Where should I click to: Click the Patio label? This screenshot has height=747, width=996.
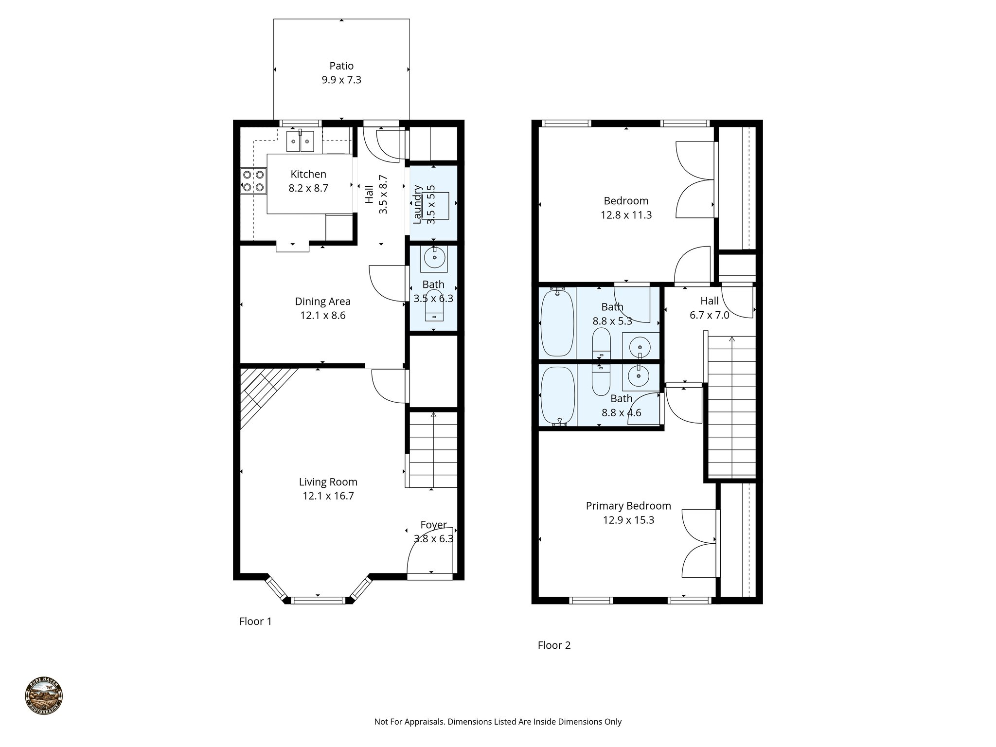point(341,66)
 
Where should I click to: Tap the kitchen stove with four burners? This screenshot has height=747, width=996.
point(253,180)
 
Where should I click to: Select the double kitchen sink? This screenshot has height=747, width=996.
point(300,142)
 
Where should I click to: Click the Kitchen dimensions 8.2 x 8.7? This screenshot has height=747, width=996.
point(308,188)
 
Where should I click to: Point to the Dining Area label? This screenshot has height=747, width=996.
point(322,302)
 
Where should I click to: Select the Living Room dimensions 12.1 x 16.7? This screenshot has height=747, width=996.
point(328,496)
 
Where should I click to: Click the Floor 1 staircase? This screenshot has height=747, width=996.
point(433,450)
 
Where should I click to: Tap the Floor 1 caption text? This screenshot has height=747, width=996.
point(255,622)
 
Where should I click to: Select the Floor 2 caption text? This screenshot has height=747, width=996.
point(554,645)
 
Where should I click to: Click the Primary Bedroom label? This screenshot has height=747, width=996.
point(628,506)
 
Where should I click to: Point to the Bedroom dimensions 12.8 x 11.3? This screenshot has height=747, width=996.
point(626,215)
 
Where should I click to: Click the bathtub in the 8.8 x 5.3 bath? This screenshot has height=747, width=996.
point(557,322)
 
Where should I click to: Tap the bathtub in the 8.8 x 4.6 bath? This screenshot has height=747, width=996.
point(557,395)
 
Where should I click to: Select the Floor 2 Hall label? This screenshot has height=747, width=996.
point(710,301)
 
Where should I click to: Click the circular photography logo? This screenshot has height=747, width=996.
point(44,696)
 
